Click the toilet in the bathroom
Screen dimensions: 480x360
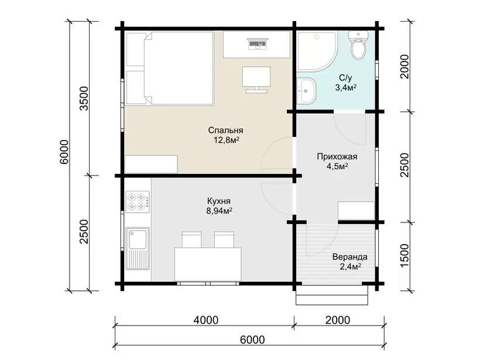(358, 45)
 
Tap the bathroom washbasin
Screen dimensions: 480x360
(306, 91)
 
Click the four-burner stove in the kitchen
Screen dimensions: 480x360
(138, 202)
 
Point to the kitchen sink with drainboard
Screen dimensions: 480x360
(138, 248)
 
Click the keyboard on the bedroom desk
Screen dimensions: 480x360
(258, 43)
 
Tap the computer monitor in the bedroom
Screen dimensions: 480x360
(256, 79)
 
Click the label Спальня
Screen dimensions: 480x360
(225, 130)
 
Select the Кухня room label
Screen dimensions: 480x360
(219, 201)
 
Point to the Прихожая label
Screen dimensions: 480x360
(337, 156)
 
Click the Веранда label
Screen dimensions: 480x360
(350, 256)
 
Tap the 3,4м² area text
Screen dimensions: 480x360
(346, 88)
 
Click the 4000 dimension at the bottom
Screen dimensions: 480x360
(206, 320)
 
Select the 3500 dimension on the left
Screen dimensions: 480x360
(84, 98)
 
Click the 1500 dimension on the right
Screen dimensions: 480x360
(404, 255)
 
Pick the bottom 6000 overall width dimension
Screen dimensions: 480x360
(252, 340)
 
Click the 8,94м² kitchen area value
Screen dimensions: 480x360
(219, 211)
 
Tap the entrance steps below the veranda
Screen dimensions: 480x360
(331, 295)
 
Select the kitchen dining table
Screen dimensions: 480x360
(208, 264)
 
